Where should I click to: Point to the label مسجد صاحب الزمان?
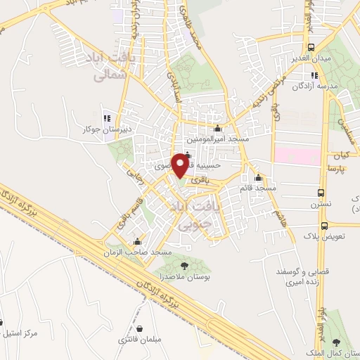(x=139, y=252)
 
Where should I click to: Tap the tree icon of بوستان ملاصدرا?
(x=184, y=265)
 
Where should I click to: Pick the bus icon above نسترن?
(x=321, y=193)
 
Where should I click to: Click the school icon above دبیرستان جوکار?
(x=107, y=118)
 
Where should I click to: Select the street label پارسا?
(x=339, y=169)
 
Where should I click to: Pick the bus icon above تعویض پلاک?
(x=324, y=226)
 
